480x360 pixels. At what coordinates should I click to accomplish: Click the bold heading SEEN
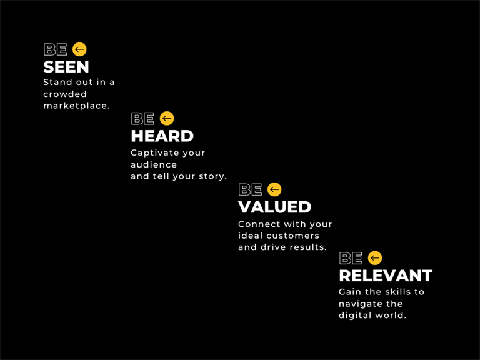(66, 67)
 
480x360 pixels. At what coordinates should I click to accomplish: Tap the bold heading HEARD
(162, 136)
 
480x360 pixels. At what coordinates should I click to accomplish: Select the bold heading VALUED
(274, 207)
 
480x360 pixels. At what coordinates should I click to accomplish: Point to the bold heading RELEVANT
(386, 276)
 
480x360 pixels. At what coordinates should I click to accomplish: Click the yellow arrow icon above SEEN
(79, 49)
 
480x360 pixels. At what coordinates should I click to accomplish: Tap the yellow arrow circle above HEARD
(167, 118)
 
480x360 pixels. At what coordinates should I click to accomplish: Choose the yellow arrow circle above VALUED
(274, 189)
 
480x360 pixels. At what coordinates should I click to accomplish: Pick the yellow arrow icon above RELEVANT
(375, 258)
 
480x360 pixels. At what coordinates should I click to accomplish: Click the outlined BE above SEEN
(56, 49)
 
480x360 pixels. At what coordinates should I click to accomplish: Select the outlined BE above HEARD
(142, 119)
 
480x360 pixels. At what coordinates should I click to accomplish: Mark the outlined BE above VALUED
(250, 189)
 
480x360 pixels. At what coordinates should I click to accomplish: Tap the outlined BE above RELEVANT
(351, 258)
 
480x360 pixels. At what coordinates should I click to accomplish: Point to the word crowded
(65, 94)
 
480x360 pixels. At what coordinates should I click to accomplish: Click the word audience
(154, 165)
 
